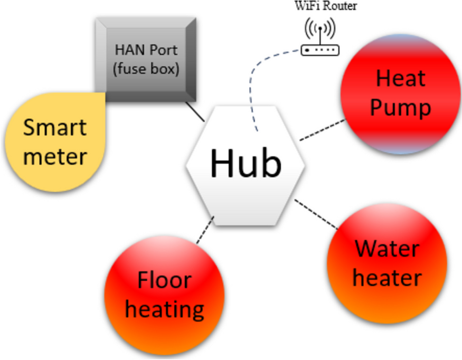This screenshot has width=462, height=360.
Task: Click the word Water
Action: (386, 249)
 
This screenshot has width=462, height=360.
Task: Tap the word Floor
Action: (164, 280)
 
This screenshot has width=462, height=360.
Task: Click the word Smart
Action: (55, 129)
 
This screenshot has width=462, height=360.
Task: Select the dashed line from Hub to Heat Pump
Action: (322, 130)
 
